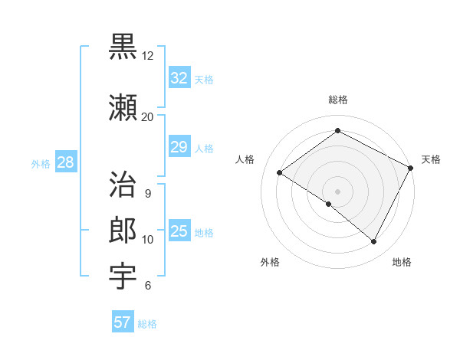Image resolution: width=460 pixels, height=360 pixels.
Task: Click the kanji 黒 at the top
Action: pos(123,47)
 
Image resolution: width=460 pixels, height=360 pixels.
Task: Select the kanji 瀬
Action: pos(123,109)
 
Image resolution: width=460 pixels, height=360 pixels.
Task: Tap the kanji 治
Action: pos(123,185)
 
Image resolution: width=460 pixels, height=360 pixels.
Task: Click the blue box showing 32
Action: pos(179,78)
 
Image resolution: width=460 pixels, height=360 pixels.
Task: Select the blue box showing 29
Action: pos(179,147)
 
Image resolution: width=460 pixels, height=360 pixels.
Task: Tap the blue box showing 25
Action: pos(179,231)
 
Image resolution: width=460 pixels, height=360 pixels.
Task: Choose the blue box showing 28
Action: pos(65,162)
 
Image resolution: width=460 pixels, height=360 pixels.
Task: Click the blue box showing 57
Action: pos(123,322)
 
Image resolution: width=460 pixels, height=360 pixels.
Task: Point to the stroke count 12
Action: pos(147,56)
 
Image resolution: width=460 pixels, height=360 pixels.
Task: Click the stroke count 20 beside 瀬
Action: pos(147,117)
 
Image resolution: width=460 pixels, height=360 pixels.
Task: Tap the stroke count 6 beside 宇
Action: pos(147,286)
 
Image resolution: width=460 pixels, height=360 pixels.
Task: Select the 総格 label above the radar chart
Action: pos(338,100)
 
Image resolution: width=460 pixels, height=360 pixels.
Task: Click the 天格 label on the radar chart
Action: pos(431,159)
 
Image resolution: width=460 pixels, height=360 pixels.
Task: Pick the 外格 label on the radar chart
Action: pos(270,262)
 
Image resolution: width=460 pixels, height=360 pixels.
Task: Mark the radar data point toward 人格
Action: pos(280,173)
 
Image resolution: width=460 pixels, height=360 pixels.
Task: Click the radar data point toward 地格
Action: pos(374,242)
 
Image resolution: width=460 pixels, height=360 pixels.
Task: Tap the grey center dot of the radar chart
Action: pos(337,191)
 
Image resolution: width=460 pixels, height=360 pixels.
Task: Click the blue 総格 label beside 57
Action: pos(147,324)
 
